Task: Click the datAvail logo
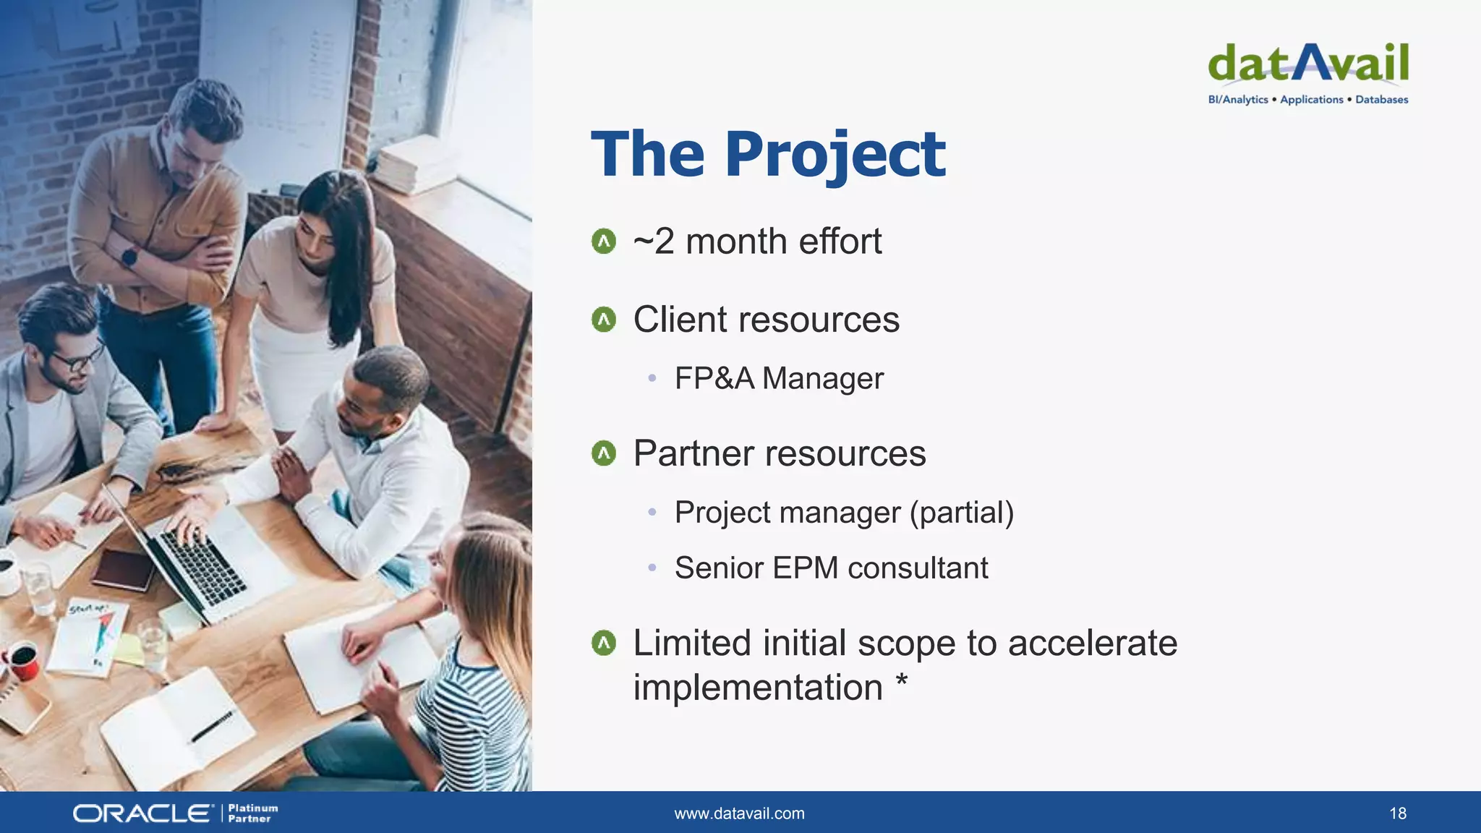coord(1307,64)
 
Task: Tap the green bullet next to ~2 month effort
coord(603,242)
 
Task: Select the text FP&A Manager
coord(779,378)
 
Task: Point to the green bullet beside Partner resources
coord(603,454)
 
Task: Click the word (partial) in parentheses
coord(961,513)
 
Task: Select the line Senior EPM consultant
coord(831,568)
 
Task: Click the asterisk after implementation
coord(901,681)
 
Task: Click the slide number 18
coord(1397,813)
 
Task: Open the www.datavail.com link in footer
coord(739,813)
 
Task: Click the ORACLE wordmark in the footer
coord(142,813)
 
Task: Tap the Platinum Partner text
coord(252,813)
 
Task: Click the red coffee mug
coord(24,661)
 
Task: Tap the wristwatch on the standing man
coord(130,256)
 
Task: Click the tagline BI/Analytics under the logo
coord(1238,100)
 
